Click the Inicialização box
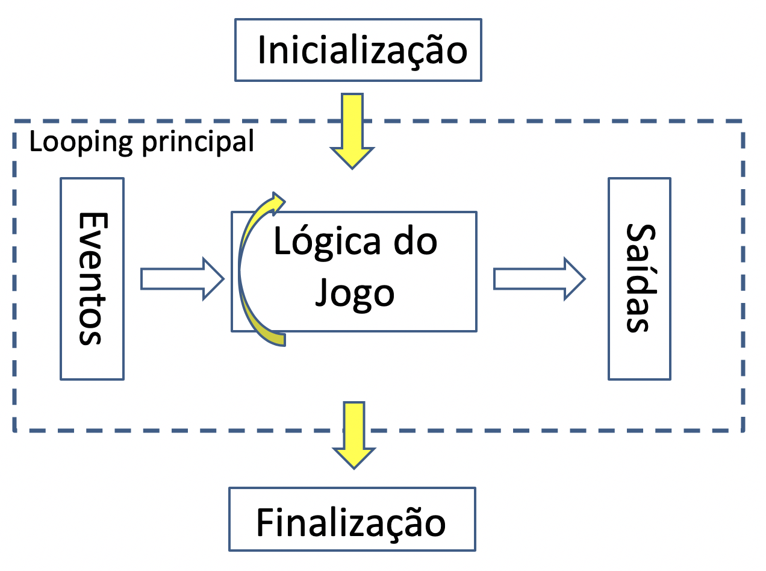pos(358,50)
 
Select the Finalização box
pos(352,519)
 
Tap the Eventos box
pos(92,278)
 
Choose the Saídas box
pos(639,278)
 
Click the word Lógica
pos(328,243)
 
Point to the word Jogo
pos(355,294)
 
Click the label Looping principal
pos(142,142)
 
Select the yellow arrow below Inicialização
pos(352,129)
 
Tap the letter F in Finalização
pos(265,522)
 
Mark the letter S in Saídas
pos(638,234)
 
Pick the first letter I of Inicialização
pos(263,51)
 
